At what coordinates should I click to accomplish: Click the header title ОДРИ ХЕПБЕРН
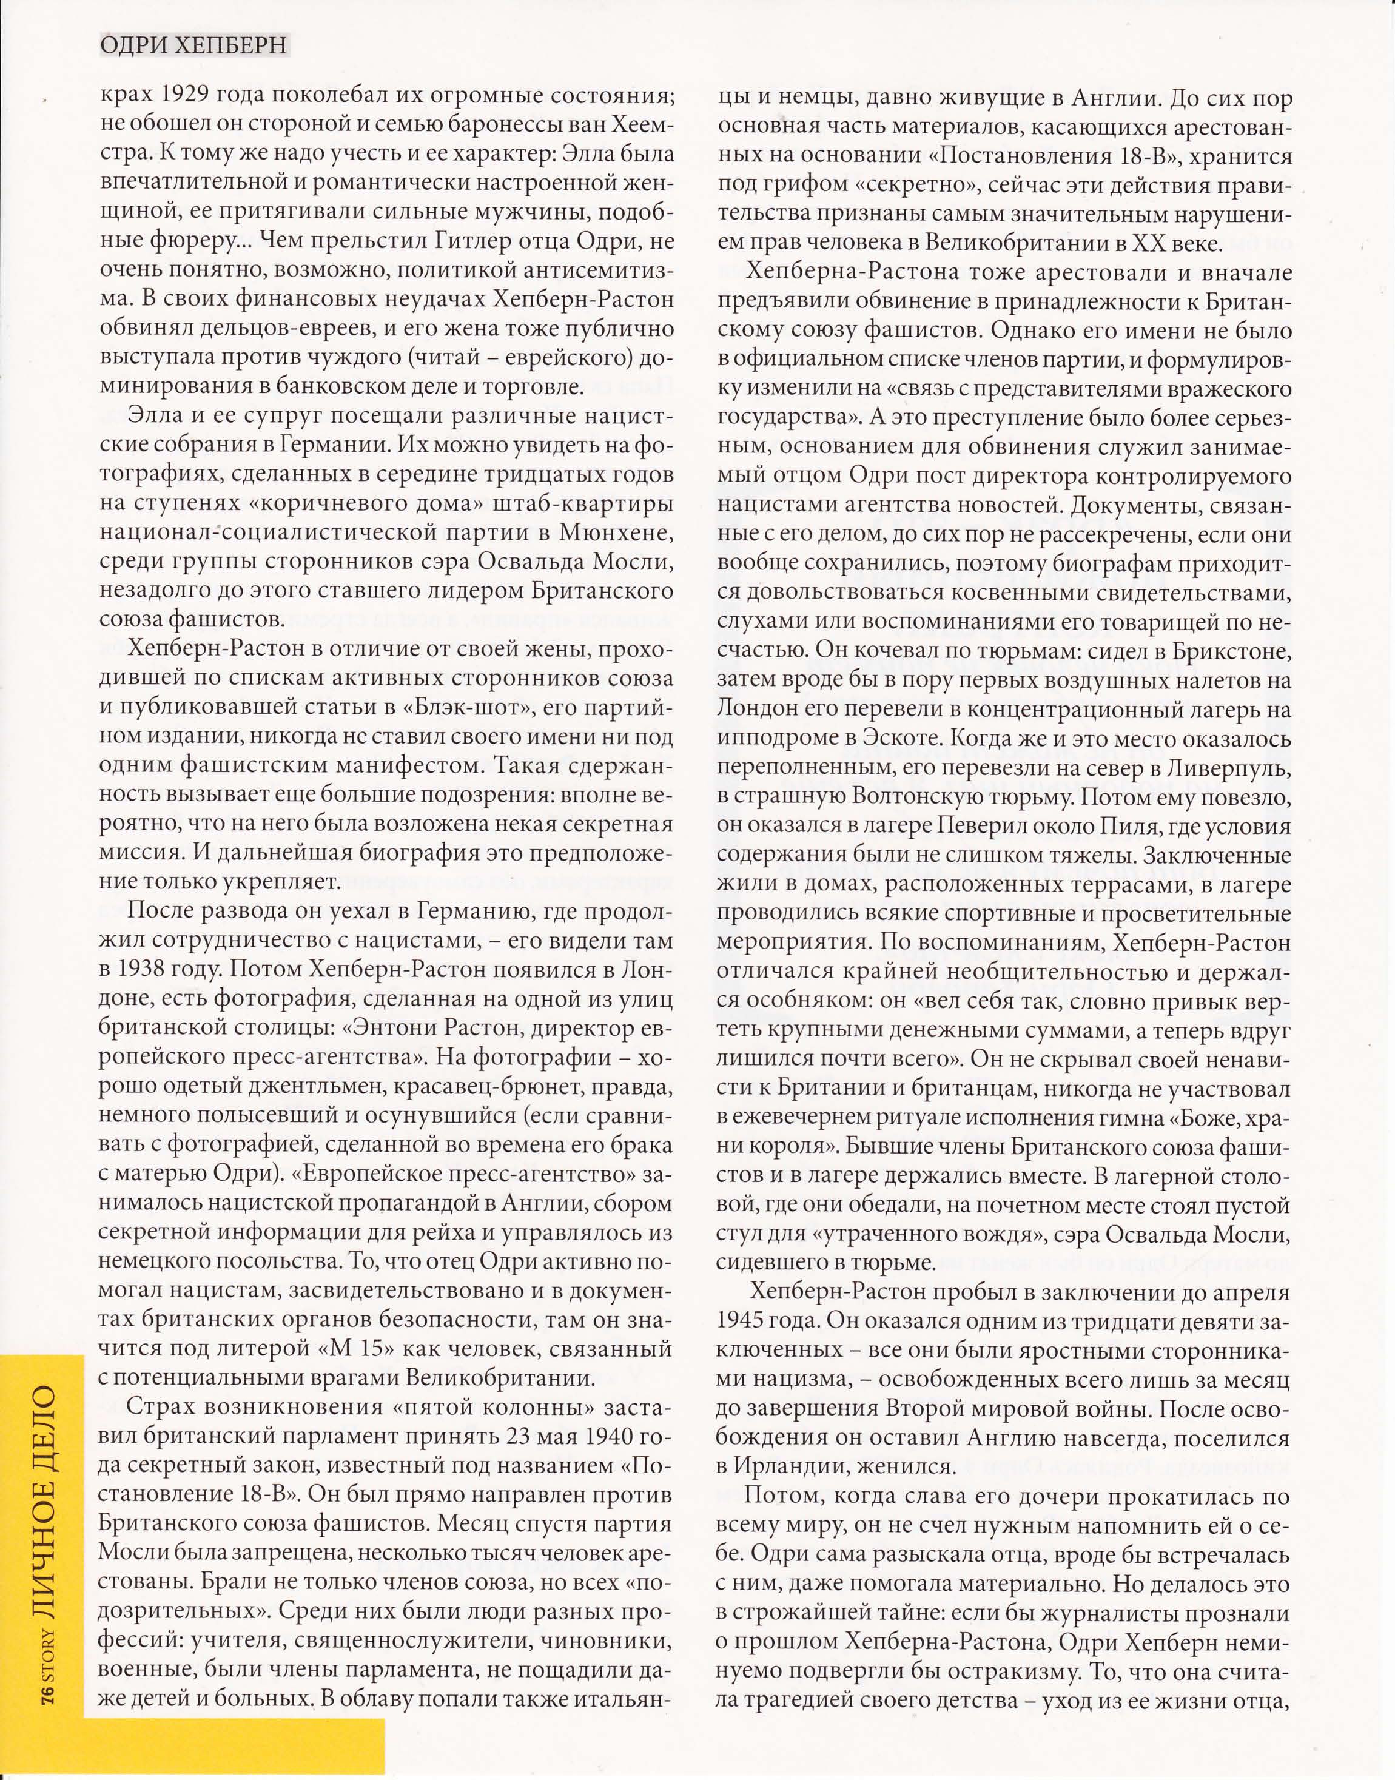click(194, 45)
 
